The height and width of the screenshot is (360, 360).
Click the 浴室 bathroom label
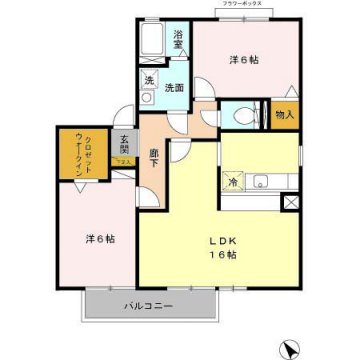pyautogui.click(x=177, y=39)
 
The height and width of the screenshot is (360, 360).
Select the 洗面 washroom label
pyautogui.click(x=174, y=87)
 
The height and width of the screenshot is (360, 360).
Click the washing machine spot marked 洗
pyautogui.click(x=149, y=80)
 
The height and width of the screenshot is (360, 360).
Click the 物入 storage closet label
pyautogui.click(x=284, y=114)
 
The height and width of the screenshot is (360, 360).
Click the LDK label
pyautogui.click(x=221, y=240)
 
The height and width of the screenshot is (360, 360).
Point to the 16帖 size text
pyautogui.click(x=222, y=256)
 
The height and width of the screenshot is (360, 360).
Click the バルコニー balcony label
pyautogui.click(x=149, y=304)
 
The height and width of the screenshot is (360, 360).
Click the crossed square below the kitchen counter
pyautogui.click(x=291, y=201)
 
